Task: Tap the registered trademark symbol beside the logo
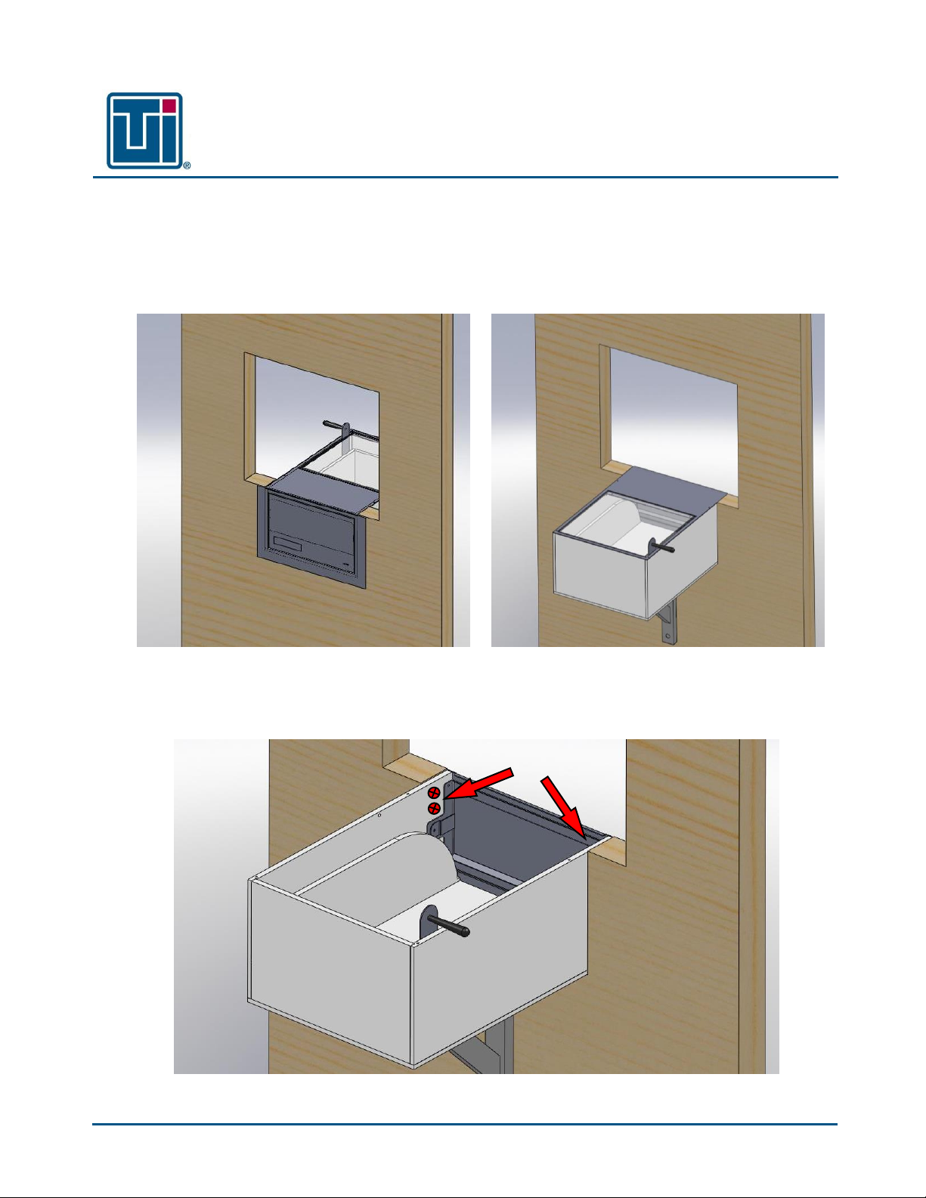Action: click(187, 165)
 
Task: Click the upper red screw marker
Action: click(434, 793)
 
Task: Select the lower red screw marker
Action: click(434, 808)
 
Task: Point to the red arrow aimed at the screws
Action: click(478, 783)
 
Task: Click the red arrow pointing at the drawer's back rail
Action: click(563, 809)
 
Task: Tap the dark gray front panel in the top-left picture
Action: click(311, 537)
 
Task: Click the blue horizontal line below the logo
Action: click(465, 178)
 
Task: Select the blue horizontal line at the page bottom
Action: click(465, 1124)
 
